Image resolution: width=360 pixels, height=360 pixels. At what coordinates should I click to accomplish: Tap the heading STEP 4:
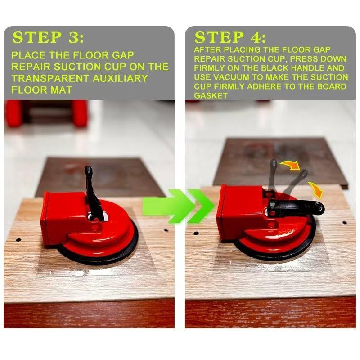coord(230,37)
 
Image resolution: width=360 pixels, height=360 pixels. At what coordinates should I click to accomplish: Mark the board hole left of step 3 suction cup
coord(18,240)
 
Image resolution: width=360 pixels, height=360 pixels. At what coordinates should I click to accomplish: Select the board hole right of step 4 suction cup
coord(344,223)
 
